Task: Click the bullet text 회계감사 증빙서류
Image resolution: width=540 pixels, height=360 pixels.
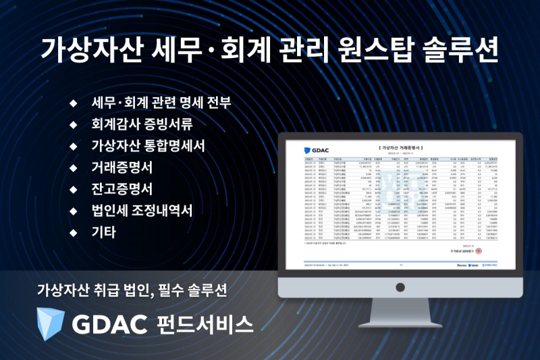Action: [x=142, y=125]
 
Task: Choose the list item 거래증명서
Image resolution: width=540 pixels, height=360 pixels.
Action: [x=122, y=167]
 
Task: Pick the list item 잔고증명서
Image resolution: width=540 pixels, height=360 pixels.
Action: [x=122, y=188]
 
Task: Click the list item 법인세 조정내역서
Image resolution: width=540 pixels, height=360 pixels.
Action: [x=142, y=209]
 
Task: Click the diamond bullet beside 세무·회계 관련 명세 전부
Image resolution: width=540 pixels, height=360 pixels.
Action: [x=73, y=104]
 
